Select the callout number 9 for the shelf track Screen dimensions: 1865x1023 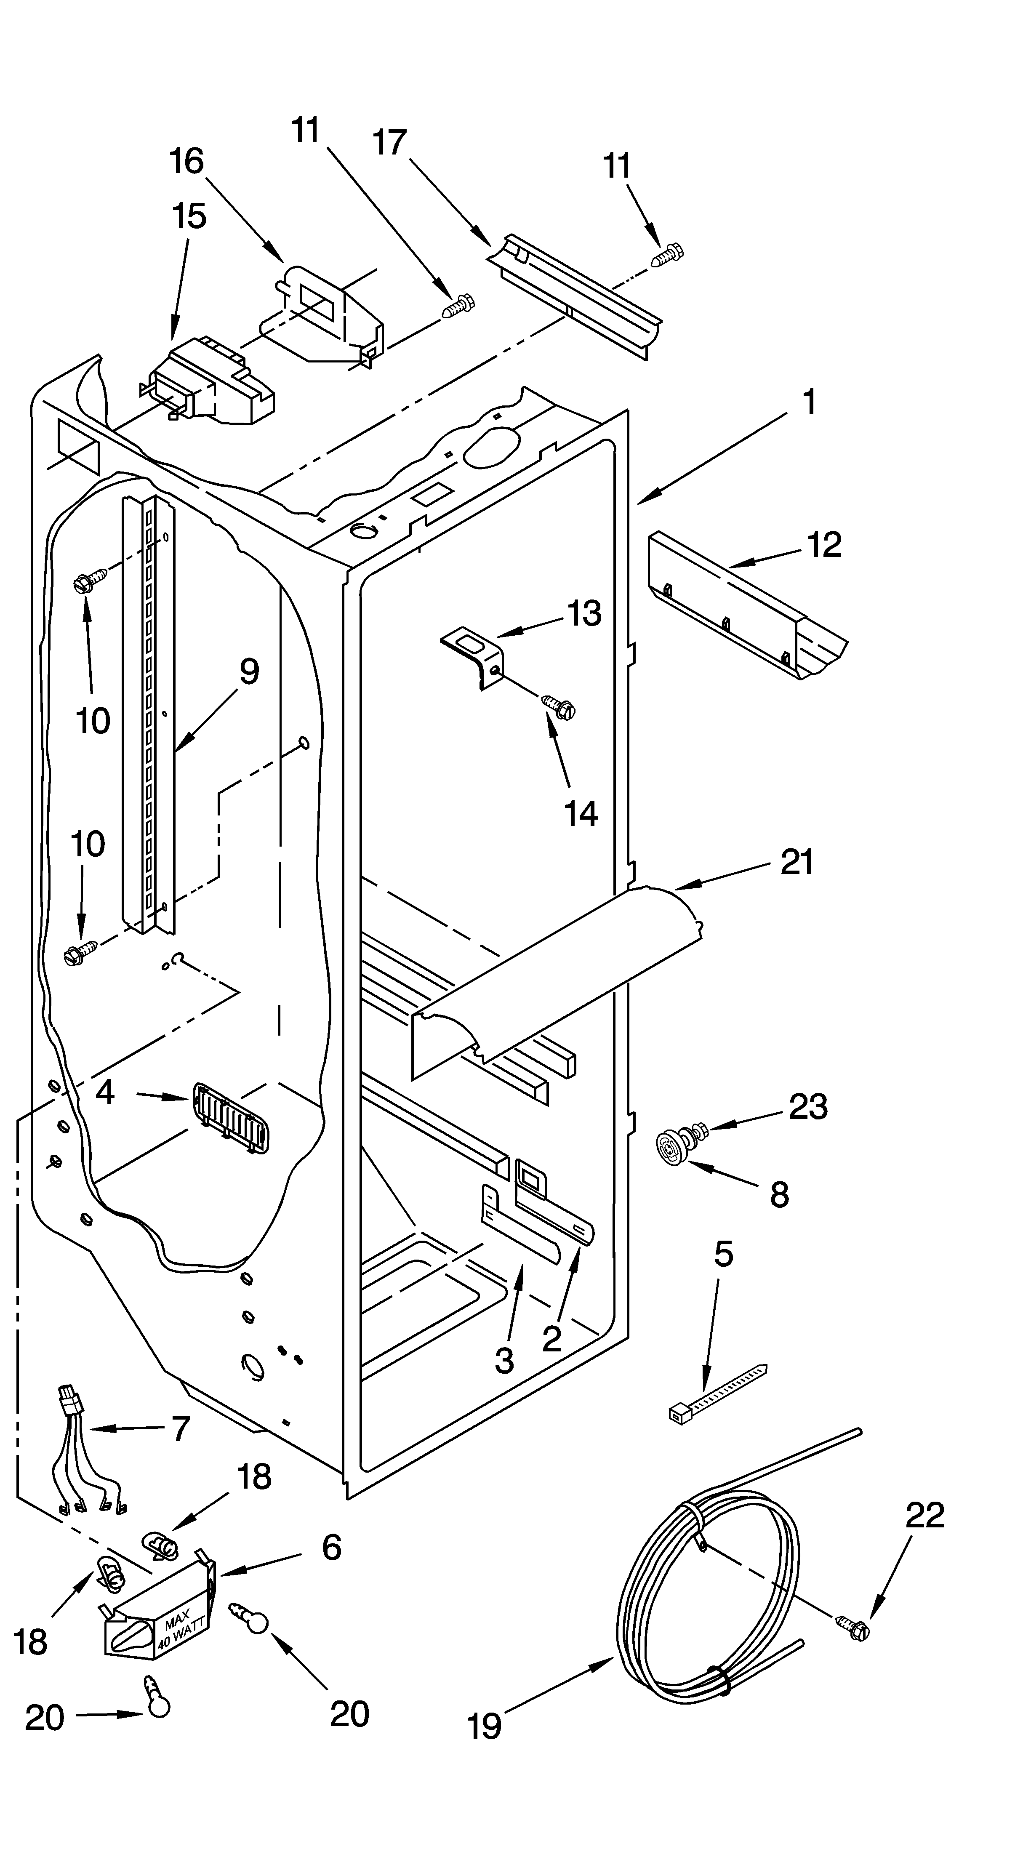248,673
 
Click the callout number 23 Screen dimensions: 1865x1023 807,1106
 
